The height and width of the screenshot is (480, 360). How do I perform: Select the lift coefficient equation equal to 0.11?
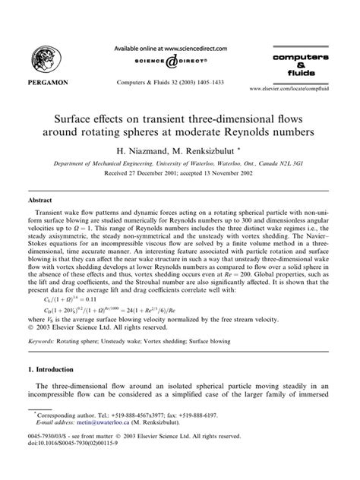point(79,300)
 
